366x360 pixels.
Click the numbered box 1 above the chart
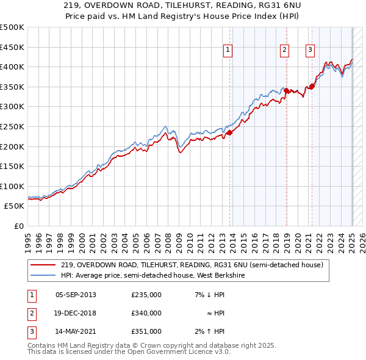[x=228, y=50]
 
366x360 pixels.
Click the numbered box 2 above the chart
[x=284, y=50]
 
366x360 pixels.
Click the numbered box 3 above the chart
[x=310, y=50]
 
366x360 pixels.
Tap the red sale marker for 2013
[x=229, y=132]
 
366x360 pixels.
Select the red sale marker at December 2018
[x=286, y=90]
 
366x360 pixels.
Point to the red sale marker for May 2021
[x=312, y=86]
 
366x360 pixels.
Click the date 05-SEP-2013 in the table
[x=76, y=295]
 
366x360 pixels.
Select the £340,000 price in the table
[x=146, y=313]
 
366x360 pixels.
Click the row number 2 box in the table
[x=30, y=313]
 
